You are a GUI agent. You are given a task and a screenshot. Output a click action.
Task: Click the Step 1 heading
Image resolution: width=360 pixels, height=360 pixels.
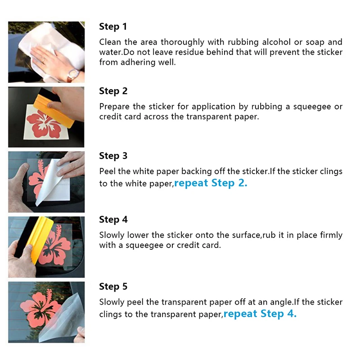[x=113, y=27]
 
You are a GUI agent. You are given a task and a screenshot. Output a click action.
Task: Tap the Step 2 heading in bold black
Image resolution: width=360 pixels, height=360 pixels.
[x=113, y=91]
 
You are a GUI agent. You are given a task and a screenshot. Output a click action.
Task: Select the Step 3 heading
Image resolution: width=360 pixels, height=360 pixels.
[x=113, y=156]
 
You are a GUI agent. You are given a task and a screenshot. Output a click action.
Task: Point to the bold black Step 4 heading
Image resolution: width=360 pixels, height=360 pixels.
[x=113, y=220]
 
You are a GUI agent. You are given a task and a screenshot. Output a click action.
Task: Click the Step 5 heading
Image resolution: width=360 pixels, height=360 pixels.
[x=113, y=287]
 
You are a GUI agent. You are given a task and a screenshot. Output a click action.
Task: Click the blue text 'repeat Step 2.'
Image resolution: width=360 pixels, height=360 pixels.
[x=211, y=184]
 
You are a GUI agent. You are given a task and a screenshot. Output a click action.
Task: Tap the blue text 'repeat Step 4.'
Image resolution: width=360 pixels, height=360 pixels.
[x=260, y=314]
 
